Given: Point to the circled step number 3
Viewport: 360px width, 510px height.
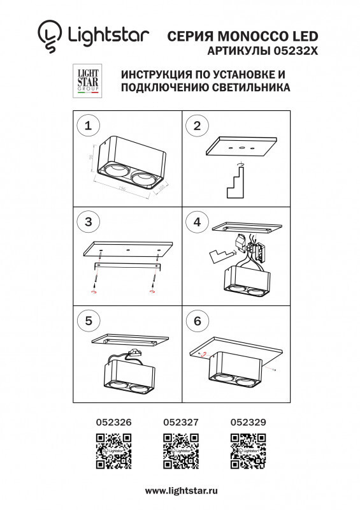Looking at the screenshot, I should coord(88,221).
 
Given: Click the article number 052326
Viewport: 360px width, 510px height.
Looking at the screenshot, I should coord(113,421).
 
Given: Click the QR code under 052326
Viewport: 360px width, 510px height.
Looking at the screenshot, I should coord(113,450).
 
